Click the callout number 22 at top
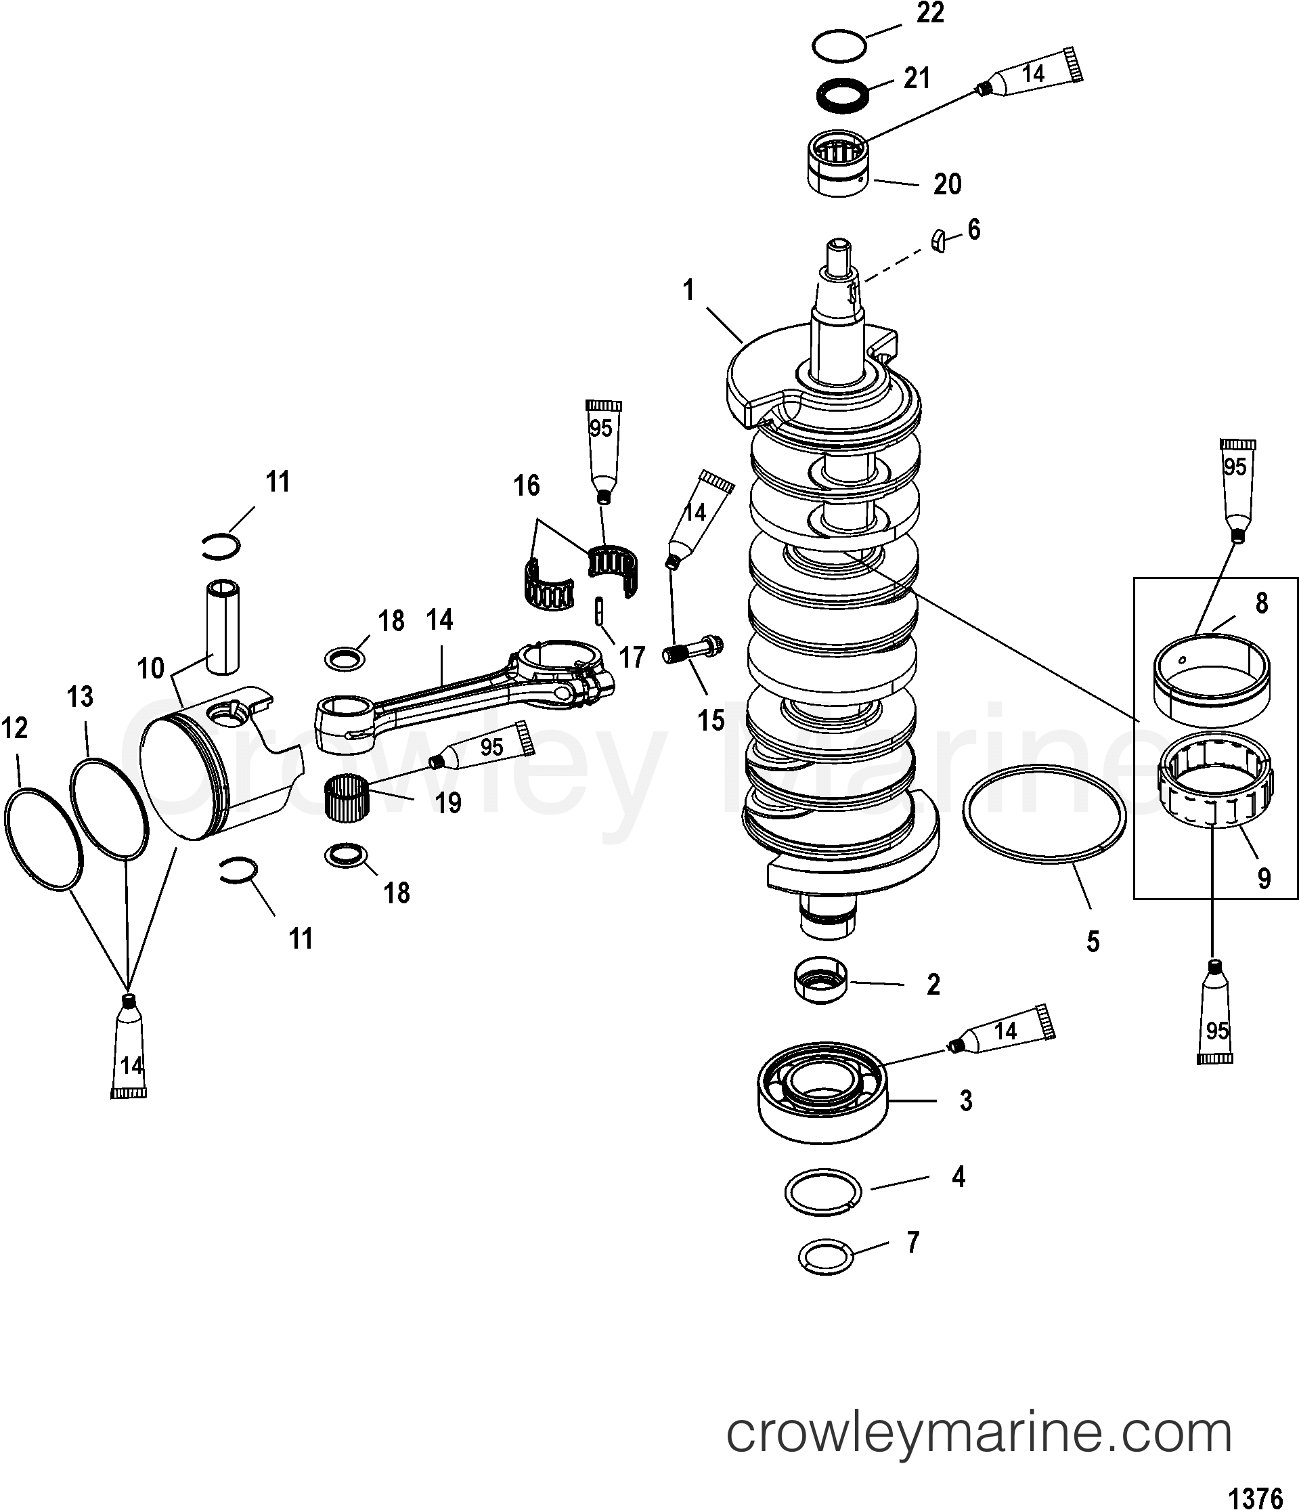pos(929,14)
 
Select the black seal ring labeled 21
pos(842,95)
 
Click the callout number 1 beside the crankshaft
pos(688,290)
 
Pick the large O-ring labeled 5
pos(1044,815)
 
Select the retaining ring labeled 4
pos(822,1192)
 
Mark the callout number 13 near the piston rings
pos(80,697)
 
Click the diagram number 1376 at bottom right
pos(1255,1498)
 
